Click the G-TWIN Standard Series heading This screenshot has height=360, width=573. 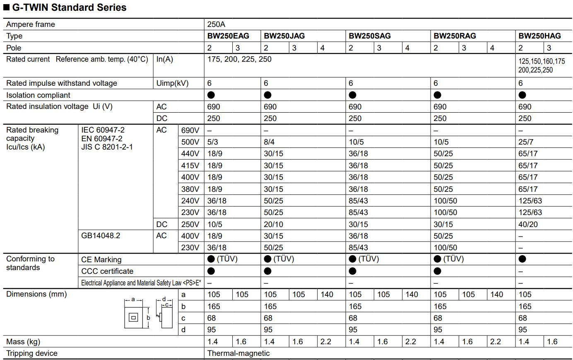(69, 7)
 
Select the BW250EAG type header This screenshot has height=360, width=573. (228, 36)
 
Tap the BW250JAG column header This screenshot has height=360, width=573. (284, 36)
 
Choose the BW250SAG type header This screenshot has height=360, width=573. (369, 36)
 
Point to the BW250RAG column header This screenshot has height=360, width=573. (455, 36)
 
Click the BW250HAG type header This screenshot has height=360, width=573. (539, 36)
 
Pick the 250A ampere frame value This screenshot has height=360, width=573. (216, 24)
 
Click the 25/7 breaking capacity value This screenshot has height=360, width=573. (526, 142)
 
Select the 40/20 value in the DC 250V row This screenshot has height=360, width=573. (528, 225)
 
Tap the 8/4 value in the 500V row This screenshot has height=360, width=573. (269, 142)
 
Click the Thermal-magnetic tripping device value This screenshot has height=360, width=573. (238, 353)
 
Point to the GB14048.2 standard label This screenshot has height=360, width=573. (101, 236)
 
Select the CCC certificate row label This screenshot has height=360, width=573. (107, 271)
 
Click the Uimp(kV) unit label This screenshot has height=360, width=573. (172, 83)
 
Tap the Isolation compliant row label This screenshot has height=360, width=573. (38, 95)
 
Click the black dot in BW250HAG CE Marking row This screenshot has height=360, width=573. (522, 259)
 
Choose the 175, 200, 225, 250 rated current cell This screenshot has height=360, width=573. (239, 59)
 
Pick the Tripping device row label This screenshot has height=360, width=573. (32, 353)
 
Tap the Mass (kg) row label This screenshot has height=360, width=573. (23, 342)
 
